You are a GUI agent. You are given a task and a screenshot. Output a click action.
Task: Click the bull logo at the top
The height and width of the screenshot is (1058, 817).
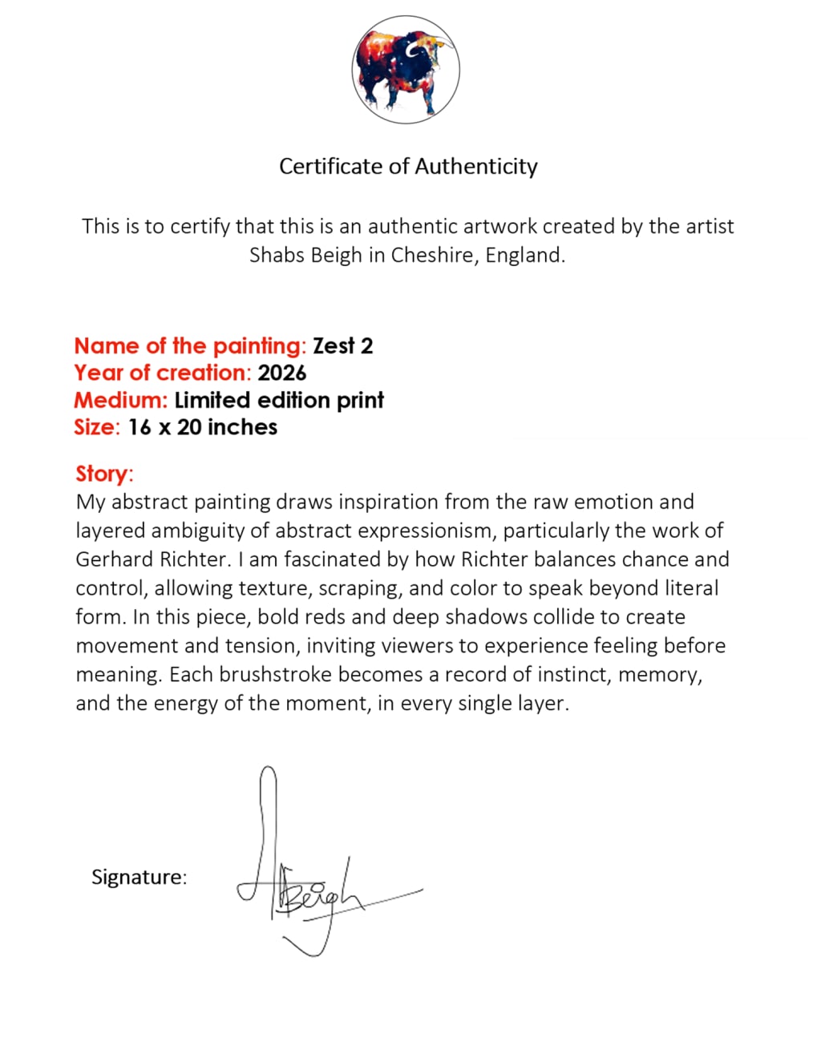(x=406, y=71)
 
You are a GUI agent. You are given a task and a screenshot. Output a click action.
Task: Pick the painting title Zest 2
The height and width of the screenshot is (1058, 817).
(x=343, y=346)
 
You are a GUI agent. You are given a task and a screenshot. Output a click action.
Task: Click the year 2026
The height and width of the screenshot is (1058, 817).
(x=282, y=374)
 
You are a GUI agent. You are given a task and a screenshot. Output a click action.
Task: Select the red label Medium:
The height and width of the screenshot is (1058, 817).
(x=121, y=401)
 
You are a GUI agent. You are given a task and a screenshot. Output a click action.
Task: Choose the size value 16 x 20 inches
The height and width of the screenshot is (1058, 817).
(x=203, y=428)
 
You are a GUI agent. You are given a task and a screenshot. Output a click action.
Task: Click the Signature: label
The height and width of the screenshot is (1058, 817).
(x=139, y=877)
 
